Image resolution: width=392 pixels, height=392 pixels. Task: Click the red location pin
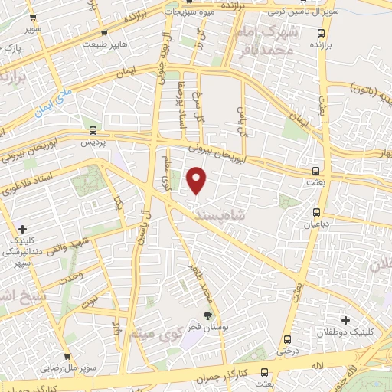[197, 180]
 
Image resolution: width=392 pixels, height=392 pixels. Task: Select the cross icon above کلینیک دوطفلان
[345, 319]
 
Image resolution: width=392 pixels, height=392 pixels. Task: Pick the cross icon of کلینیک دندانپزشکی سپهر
[22, 229]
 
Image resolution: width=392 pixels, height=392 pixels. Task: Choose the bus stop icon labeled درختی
[287, 339]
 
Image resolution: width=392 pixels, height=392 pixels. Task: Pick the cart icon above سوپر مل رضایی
[68, 357]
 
